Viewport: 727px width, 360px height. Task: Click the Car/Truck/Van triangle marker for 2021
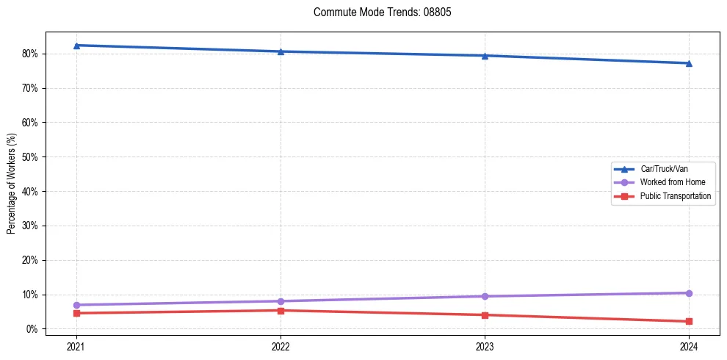tap(76, 46)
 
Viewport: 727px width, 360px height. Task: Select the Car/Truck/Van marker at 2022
tap(281, 51)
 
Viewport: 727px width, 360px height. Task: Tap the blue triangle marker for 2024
tap(689, 63)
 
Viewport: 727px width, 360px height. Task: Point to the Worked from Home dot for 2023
tap(485, 296)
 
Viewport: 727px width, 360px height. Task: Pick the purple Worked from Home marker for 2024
tap(689, 293)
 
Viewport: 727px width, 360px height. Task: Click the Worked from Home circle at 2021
tap(76, 305)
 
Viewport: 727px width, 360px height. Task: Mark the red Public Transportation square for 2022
tap(281, 310)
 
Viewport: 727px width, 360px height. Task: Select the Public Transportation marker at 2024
tap(689, 321)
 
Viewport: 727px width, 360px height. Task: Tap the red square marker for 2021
tap(76, 313)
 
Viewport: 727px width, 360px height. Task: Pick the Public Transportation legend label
tap(675, 196)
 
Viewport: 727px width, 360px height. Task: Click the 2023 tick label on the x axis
tap(485, 345)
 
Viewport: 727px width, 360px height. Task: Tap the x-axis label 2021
tap(76, 345)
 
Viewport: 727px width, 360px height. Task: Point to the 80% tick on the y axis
tap(29, 54)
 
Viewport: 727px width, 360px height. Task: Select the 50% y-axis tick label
tap(29, 157)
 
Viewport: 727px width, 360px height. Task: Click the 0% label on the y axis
tap(32, 329)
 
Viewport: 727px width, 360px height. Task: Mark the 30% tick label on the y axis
tap(29, 226)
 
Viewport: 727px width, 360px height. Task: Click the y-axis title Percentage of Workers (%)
tap(11, 184)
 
